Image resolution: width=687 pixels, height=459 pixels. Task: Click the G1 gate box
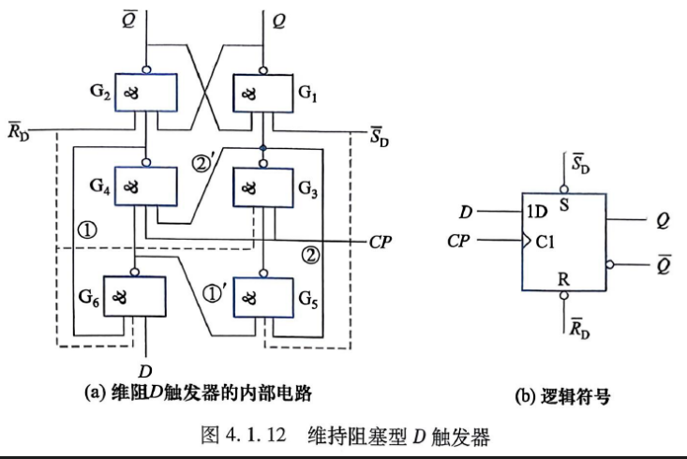[262, 93]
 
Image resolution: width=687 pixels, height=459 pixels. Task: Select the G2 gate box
[146, 92]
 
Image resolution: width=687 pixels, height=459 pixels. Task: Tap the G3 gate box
[262, 187]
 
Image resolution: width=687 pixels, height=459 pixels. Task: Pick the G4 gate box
[146, 186]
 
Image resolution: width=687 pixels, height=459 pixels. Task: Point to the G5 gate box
[262, 297]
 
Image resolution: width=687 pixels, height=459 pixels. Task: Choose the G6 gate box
[135, 296]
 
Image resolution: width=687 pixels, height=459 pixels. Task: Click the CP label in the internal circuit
[380, 242]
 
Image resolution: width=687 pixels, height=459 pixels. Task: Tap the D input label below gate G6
[145, 371]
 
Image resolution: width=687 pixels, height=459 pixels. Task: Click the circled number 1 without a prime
[87, 229]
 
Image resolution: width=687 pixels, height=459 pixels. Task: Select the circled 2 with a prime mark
[202, 164]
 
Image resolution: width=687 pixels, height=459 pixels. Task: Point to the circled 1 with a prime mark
[215, 293]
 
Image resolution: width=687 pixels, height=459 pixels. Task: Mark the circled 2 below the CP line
[310, 255]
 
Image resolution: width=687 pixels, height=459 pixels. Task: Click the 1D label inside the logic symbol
[537, 212]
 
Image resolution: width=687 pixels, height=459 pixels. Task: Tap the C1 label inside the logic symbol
[545, 242]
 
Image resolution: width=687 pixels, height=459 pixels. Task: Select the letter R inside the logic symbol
[563, 279]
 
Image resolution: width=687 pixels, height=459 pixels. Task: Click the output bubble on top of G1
[262, 70]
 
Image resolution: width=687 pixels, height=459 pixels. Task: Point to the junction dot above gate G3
[262, 148]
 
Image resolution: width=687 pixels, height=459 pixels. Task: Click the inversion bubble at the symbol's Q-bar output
[610, 264]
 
